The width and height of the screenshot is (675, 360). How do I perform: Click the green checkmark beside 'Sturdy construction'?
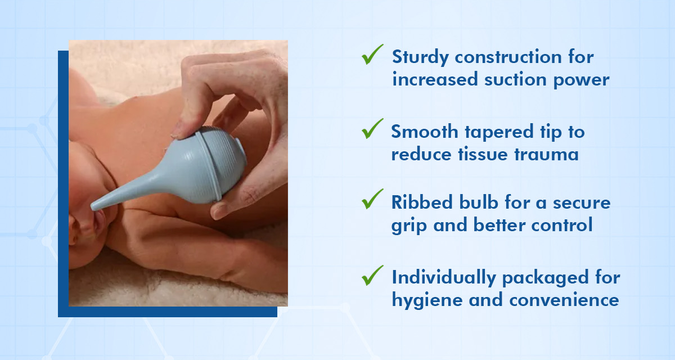[372, 55]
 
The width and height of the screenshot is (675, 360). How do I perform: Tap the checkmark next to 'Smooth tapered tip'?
[372, 129]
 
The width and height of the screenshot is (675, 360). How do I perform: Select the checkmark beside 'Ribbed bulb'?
[372, 200]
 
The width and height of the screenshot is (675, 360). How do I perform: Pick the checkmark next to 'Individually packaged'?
[372, 276]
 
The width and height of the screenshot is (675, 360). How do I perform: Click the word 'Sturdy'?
[420, 57]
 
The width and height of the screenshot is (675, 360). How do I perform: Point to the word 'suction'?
[515, 79]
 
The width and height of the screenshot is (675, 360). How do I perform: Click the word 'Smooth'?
[425, 132]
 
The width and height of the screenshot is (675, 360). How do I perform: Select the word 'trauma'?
[546, 155]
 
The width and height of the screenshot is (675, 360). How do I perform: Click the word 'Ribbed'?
[422, 202]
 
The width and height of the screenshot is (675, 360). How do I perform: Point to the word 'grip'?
[408, 226]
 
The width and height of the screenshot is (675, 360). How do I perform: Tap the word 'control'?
[562, 225]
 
